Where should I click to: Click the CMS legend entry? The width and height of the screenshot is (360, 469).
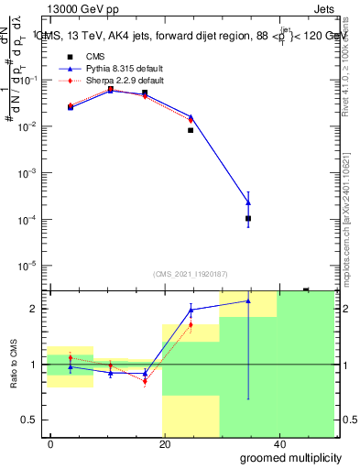[82, 57]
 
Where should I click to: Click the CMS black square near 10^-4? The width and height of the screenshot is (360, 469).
[248, 219]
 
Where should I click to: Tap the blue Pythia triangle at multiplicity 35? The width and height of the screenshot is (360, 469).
[248, 202]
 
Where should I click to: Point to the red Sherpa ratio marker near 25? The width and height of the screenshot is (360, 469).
[191, 324]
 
